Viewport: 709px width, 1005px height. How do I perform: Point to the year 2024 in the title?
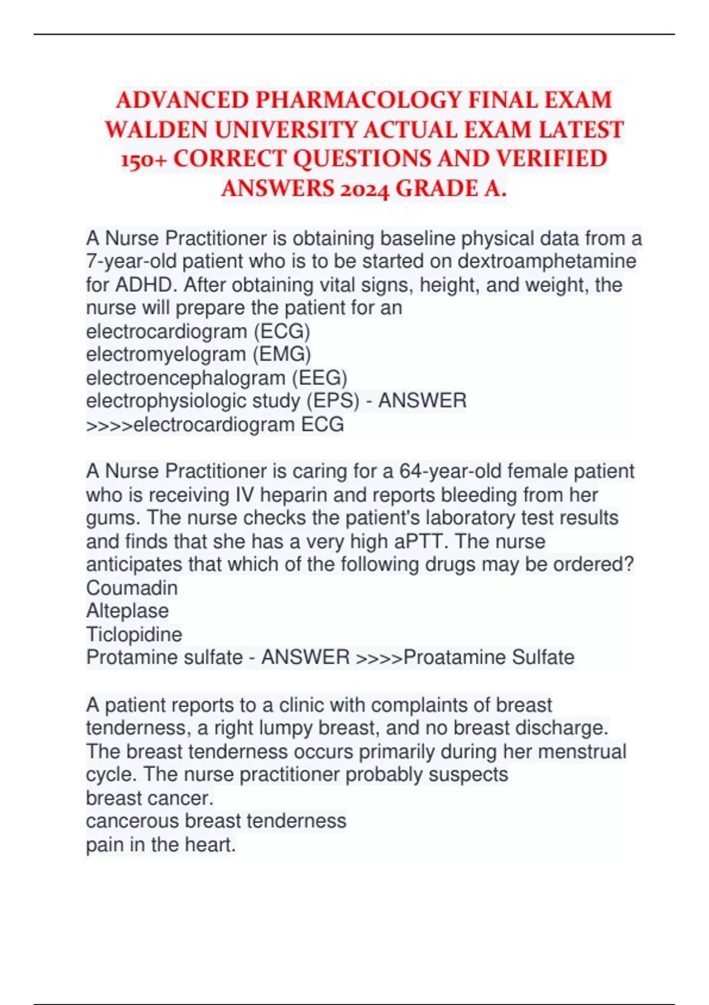(364, 189)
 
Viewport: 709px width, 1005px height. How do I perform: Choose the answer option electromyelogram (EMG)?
(199, 354)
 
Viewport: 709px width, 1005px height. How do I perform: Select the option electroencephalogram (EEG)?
(216, 378)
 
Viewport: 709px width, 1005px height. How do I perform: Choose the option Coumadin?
(132, 588)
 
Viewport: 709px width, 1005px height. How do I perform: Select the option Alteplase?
(128, 611)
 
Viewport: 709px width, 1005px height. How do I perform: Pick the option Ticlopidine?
(134, 634)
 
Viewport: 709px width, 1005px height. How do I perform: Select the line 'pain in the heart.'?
(161, 844)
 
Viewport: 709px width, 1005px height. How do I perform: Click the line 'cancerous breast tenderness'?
(216, 821)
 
